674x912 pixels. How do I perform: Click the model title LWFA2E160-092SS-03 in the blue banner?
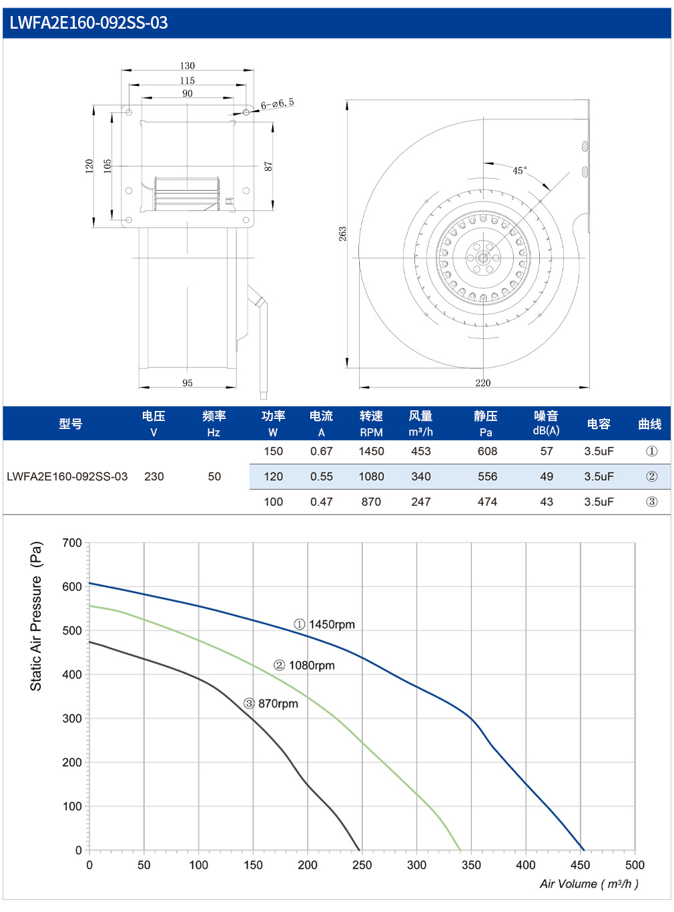[89, 23]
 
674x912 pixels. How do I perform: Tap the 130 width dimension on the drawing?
[188, 66]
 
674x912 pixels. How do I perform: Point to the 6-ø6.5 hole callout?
[278, 103]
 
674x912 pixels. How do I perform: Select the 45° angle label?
[519, 170]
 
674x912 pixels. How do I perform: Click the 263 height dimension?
[342, 234]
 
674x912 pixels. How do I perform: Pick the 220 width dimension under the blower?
[482, 383]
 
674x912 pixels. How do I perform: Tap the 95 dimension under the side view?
[188, 383]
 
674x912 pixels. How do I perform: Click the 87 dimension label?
[268, 166]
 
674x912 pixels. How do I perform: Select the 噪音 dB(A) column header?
[546, 423]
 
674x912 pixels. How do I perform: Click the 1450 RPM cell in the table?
[371, 451]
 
